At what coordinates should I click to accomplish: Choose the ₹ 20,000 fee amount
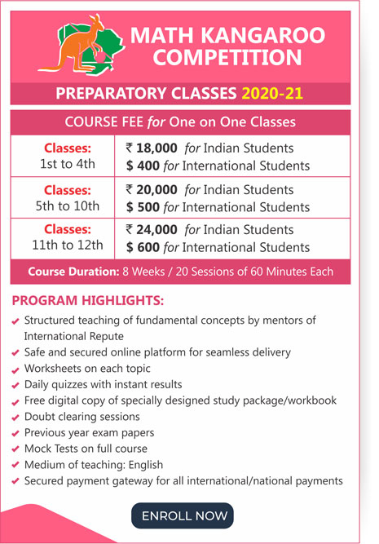point(153,188)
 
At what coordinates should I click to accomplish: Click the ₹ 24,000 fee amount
point(153,229)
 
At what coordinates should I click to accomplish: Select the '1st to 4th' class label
point(68,165)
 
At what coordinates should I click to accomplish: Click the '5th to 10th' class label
point(68,206)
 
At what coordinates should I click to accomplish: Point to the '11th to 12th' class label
point(68,246)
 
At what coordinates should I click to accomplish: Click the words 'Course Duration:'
point(68,272)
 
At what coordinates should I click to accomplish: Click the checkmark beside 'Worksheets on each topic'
point(16,369)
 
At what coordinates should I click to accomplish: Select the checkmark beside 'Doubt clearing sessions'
point(16,418)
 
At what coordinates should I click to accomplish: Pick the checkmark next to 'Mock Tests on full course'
point(16,449)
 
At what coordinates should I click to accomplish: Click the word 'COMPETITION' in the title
point(227,58)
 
